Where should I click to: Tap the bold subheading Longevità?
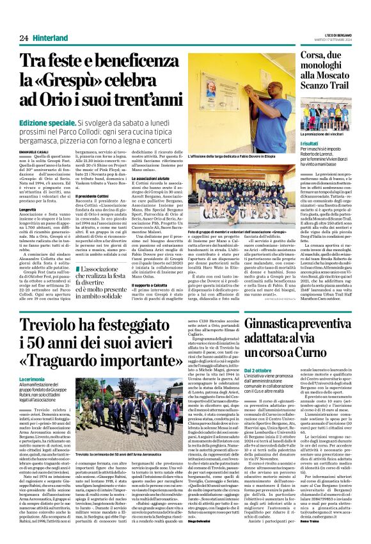coord(28,208)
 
